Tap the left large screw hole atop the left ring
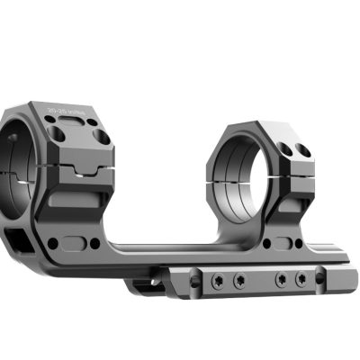tap(57, 132)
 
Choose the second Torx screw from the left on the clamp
tap(240, 281)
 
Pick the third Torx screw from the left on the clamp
tap(282, 281)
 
